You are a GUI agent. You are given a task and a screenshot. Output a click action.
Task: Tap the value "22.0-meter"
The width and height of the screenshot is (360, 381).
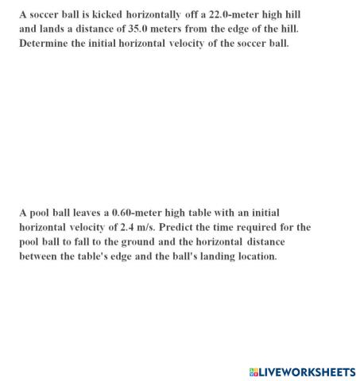(x=231, y=14)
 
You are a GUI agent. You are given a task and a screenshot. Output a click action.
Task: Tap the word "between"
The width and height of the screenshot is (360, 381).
(x=39, y=256)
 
